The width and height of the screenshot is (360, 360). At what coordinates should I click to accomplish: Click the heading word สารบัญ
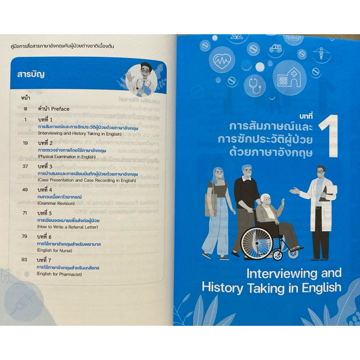coord(31,75)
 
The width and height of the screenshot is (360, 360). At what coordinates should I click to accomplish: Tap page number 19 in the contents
coord(25,143)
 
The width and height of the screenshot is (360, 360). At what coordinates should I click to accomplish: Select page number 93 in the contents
coord(24,260)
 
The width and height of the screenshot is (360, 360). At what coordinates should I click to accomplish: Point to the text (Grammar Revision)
coord(56,203)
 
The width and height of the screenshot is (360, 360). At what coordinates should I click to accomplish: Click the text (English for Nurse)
coord(54,251)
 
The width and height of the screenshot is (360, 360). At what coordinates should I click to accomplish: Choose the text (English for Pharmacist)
coord(59,274)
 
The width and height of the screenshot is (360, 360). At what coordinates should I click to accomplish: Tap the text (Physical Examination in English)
coord(67,157)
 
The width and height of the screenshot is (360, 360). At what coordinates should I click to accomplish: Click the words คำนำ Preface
coord(54,109)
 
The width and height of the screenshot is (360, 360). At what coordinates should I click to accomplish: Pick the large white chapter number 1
coord(329,136)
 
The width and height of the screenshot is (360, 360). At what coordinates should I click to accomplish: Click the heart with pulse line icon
coord(222,60)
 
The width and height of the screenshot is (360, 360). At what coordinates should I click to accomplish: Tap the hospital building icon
coord(289,77)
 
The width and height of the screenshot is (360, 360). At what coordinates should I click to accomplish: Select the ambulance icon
coord(275,48)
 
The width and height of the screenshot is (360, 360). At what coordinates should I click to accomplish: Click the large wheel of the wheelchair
coord(257,243)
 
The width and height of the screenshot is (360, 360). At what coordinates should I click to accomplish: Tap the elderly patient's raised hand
coord(283,202)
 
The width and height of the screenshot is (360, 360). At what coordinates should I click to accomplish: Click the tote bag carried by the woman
coord(211,204)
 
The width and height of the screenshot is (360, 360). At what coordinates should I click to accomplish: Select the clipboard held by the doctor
coord(329,193)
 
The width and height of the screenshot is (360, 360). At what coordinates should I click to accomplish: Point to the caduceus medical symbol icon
coord(321,54)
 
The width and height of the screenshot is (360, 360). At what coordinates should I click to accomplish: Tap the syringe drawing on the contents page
coord(24,301)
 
